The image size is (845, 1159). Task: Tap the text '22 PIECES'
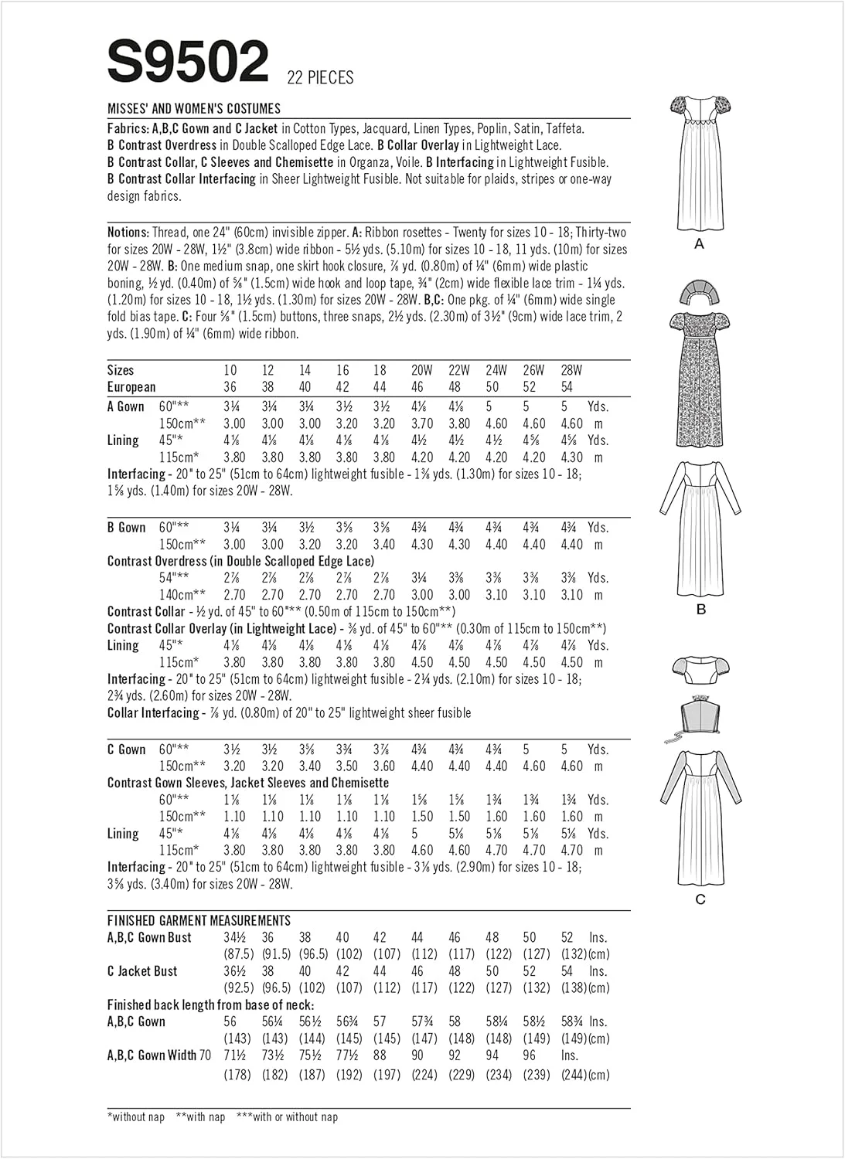[320, 77]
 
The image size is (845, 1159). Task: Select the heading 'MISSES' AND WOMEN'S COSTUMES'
[194, 109]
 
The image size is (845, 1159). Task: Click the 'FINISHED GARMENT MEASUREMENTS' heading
[199, 920]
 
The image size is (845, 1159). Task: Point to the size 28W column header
[571, 370]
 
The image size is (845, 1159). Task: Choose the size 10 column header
[230, 370]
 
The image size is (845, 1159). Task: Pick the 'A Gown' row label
[126, 406]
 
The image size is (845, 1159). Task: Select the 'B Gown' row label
[126, 528]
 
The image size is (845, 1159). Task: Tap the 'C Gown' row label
[126, 749]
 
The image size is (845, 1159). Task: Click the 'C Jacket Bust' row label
[142, 971]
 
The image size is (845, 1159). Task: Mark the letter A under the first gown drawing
[700, 244]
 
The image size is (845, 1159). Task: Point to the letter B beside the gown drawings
[701, 610]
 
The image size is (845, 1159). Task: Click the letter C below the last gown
[700, 899]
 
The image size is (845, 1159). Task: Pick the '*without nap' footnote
[136, 1117]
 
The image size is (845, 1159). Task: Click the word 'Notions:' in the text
[128, 233]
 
